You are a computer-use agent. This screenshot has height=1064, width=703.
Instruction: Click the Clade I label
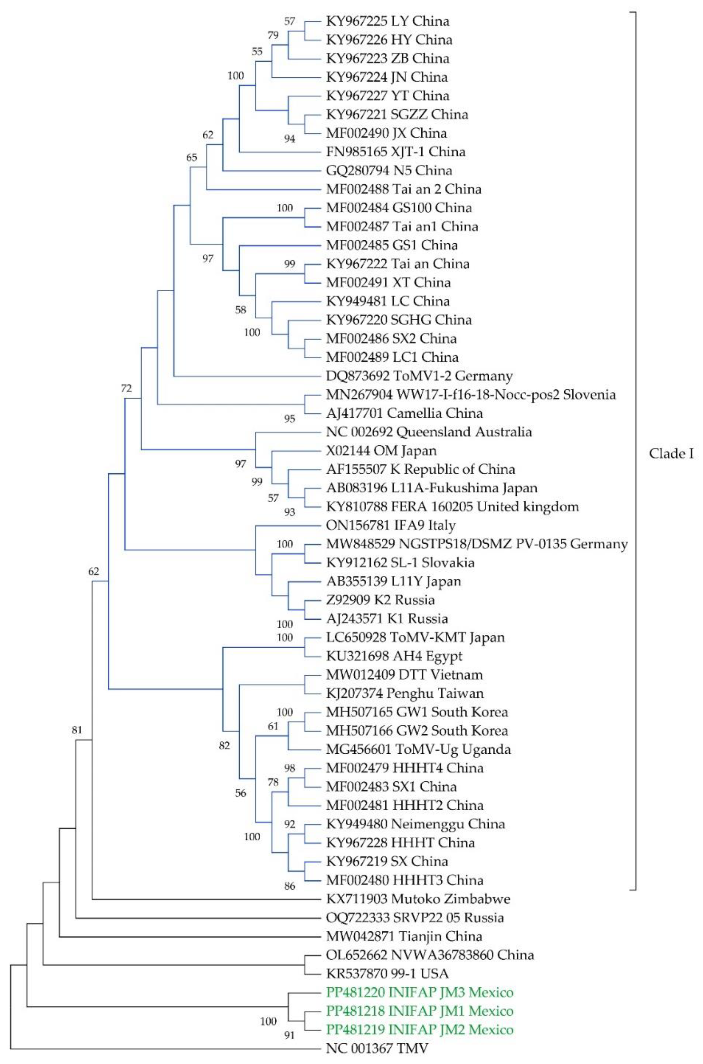pyautogui.click(x=671, y=454)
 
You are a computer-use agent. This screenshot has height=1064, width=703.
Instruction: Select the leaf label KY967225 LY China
pyautogui.click(x=388, y=21)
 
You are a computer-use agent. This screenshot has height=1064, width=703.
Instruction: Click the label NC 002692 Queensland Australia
pyautogui.click(x=429, y=432)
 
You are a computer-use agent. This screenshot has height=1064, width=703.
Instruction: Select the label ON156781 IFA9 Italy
pyautogui.click(x=391, y=525)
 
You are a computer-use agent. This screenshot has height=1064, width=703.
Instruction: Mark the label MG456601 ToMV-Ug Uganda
pyautogui.click(x=419, y=749)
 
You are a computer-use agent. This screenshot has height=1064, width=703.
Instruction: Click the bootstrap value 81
pyautogui.click(x=77, y=730)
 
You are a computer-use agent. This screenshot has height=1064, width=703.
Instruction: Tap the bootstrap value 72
pyautogui.click(x=126, y=388)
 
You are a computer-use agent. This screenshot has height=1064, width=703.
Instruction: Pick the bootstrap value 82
pyautogui.click(x=224, y=746)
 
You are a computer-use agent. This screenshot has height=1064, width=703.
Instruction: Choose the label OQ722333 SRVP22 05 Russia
pyautogui.click(x=415, y=918)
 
